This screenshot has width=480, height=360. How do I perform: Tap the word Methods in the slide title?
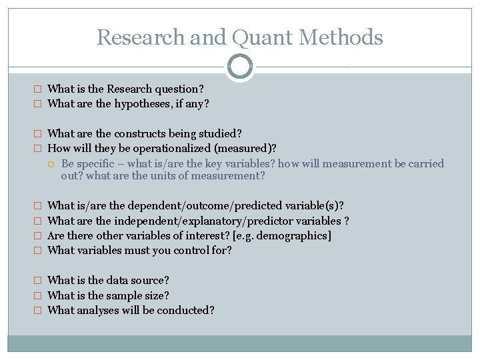click(342, 37)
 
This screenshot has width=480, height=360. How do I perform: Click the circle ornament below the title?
click(240, 67)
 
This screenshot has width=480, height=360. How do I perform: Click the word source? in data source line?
click(149, 281)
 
